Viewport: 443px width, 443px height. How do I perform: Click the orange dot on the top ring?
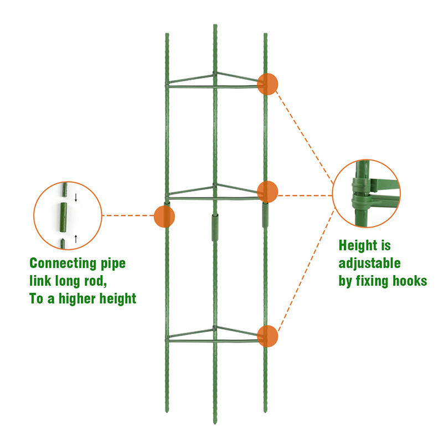click(267, 84)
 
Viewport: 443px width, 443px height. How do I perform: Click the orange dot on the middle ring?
click(267, 191)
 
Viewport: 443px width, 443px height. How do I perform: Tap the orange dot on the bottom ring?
click(267, 336)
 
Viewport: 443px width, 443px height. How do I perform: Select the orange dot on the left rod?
click(164, 216)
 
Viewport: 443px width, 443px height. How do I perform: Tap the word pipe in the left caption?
click(114, 264)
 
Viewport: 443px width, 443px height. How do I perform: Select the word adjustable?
click(369, 263)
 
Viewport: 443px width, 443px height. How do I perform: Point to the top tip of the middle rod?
click(215, 26)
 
